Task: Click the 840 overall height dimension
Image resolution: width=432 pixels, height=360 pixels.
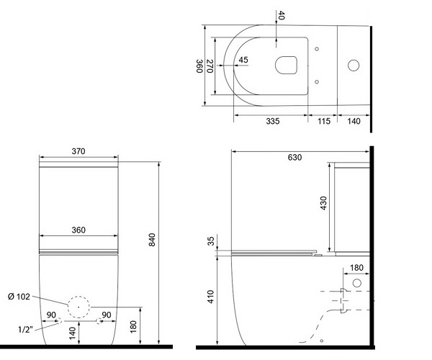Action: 152,240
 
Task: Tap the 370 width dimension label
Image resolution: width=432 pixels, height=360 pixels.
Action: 78,151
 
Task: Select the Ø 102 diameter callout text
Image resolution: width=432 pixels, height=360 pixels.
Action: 19,297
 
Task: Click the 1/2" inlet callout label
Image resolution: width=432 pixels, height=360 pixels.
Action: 25,329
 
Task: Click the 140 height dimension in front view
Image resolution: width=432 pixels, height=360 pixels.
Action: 72,333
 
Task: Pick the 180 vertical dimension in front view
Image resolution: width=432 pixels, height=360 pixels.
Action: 133,327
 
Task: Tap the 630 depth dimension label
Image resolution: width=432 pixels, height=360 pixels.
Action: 294,157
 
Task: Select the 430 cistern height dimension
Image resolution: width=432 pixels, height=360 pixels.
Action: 323,203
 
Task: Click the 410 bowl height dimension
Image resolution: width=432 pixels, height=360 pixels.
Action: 211,297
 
